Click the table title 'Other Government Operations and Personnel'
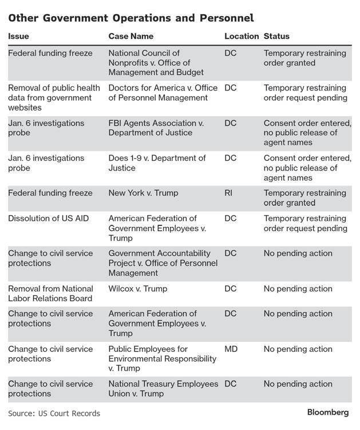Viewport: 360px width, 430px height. [x=131, y=18]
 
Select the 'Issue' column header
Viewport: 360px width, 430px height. [x=18, y=36]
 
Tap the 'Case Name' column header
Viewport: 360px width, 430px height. [x=131, y=36]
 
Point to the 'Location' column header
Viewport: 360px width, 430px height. [x=241, y=36]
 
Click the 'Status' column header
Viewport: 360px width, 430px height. [x=276, y=36]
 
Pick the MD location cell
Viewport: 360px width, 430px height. [x=231, y=349]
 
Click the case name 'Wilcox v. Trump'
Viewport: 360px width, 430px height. [x=138, y=289]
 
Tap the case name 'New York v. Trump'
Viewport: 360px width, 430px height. [x=143, y=193]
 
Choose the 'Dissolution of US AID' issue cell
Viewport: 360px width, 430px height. [x=48, y=218]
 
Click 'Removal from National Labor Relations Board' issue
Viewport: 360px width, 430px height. [x=50, y=293]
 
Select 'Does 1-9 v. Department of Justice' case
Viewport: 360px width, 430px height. [x=157, y=163]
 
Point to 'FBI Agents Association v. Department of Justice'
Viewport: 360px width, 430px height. [x=156, y=128]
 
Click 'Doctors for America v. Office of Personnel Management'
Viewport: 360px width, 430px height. [x=162, y=93]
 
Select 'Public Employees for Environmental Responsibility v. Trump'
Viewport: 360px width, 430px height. [x=163, y=359]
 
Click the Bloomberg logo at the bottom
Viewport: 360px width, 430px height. [x=327, y=412]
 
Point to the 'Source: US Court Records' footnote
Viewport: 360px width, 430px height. [x=54, y=413]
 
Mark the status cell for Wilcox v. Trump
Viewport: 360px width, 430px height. [x=298, y=289]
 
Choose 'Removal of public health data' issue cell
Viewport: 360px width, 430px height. [x=54, y=98]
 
